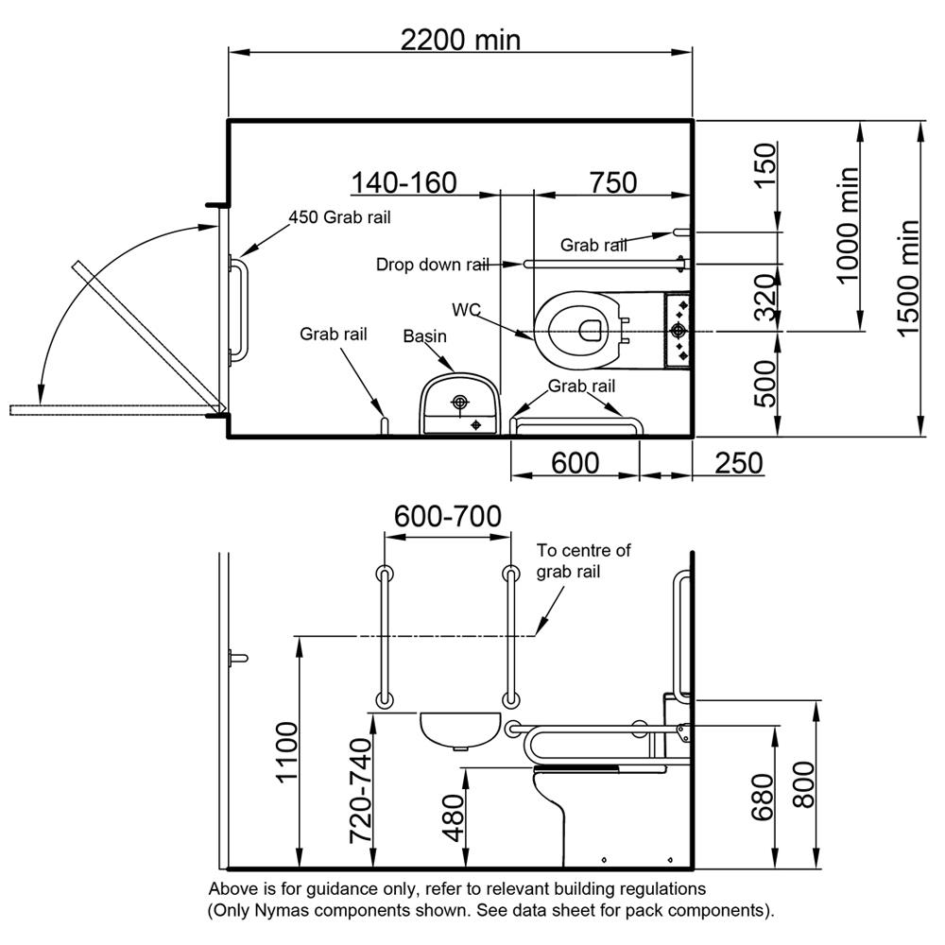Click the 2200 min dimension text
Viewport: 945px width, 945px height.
tap(460, 40)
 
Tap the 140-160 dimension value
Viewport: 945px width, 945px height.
tap(404, 182)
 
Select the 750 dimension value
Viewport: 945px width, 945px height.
tap(613, 182)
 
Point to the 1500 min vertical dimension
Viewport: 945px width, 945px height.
tap(908, 279)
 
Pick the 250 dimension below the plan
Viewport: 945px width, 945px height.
tap(739, 463)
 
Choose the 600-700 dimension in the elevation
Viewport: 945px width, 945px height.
tap(447, 517)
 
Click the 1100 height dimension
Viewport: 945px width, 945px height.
tap(287, 752)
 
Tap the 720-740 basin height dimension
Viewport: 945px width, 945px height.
tap(360, 791)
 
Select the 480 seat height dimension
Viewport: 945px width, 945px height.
tap(454, 817)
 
